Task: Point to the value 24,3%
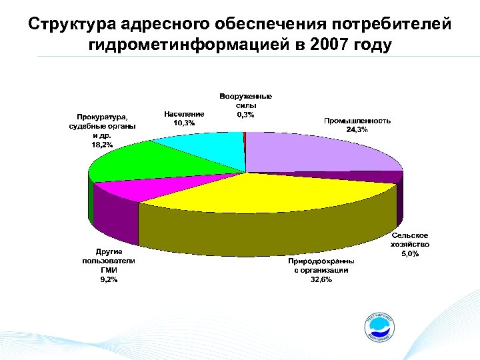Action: pos(357,129)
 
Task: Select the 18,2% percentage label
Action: pos(102,144)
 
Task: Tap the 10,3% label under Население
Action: pos(183,123)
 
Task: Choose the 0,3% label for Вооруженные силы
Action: pos(245,115)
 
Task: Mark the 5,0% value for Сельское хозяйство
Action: pos(409,254)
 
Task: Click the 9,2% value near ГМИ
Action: pos(108,279)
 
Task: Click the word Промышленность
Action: pos(357,121)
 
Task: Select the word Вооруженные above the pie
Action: pos(245,97)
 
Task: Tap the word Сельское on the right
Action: pos(410,236)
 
